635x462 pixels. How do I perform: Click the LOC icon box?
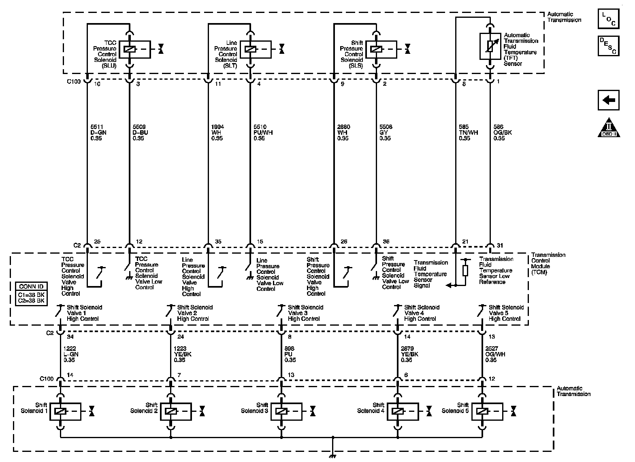(x=609, y=19)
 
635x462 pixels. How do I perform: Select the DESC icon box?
(x=609, y=46)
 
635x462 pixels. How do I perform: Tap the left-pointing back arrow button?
(x=609, y=100)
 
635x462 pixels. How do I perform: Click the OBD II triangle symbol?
(x=609, y=128)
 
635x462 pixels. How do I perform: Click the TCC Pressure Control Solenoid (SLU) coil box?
(x=135, y=49)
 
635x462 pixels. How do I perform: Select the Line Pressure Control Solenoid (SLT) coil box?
(x=256, y=49)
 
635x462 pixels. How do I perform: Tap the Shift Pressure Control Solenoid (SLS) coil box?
(x=381, y=49)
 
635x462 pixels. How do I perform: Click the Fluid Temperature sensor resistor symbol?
(x=490, y=46)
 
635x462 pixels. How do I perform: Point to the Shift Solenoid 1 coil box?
(x=65, y=411)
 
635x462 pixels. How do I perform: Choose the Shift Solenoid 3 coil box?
(x=286, y=411)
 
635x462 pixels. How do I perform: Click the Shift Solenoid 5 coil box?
(x=487, y=411)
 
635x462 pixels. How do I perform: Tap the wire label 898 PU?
(x=290, y=354)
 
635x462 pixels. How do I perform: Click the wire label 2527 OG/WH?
(x=494, y=354)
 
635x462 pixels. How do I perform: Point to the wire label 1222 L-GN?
(x=71, y=354)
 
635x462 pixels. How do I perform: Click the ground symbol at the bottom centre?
(x=333, y=456)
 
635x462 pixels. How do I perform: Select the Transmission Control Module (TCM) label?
(x=548, y=263)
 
